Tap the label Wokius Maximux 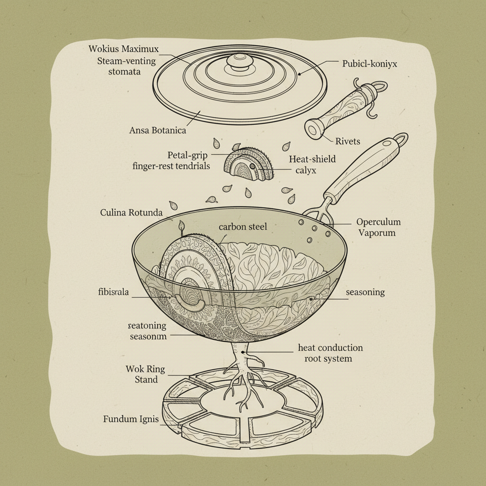[x=123, y=49]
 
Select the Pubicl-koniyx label [x=370, y=63]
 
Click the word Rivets [x=347, y=141]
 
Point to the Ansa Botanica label [x=158, y=130]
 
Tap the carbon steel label [x=243, y=227]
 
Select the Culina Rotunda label [x=131, y=212]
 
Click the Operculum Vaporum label [x=378, y=227]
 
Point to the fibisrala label [x=113, y=291]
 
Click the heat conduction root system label [x=330, y=353]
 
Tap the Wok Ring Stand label [x=142, y=374]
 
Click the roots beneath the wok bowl [x=243, y=380]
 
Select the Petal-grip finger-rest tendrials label [x=171, y=160]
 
